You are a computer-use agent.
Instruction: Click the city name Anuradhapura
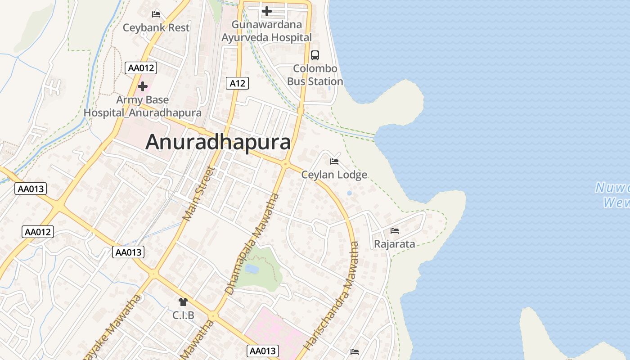point(218,142)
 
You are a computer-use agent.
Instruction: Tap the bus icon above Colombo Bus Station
point(315,55)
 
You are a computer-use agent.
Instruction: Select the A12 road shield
point(237,83)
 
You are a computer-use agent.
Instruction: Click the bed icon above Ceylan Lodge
point(334,162)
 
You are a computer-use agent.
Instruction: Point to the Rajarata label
point(395,244)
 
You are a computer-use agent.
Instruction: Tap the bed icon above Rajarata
point(395,231)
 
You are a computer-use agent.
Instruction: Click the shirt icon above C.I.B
point(183,302)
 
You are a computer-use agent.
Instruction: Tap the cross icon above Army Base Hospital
point(143,86)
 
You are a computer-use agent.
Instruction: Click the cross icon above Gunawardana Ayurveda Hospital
point(267,11)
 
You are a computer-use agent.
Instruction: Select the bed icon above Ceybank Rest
point(156,14)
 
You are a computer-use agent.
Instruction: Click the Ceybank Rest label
point(156,27)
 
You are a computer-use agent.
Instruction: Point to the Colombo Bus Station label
point(315,75)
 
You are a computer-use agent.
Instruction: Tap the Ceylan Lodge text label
point(334,175)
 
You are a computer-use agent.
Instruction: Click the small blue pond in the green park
point(252,269)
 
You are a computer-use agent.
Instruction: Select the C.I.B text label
point(183,315)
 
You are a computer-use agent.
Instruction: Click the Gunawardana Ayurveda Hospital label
point(267,31)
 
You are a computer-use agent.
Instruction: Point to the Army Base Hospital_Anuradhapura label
point(143,106)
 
